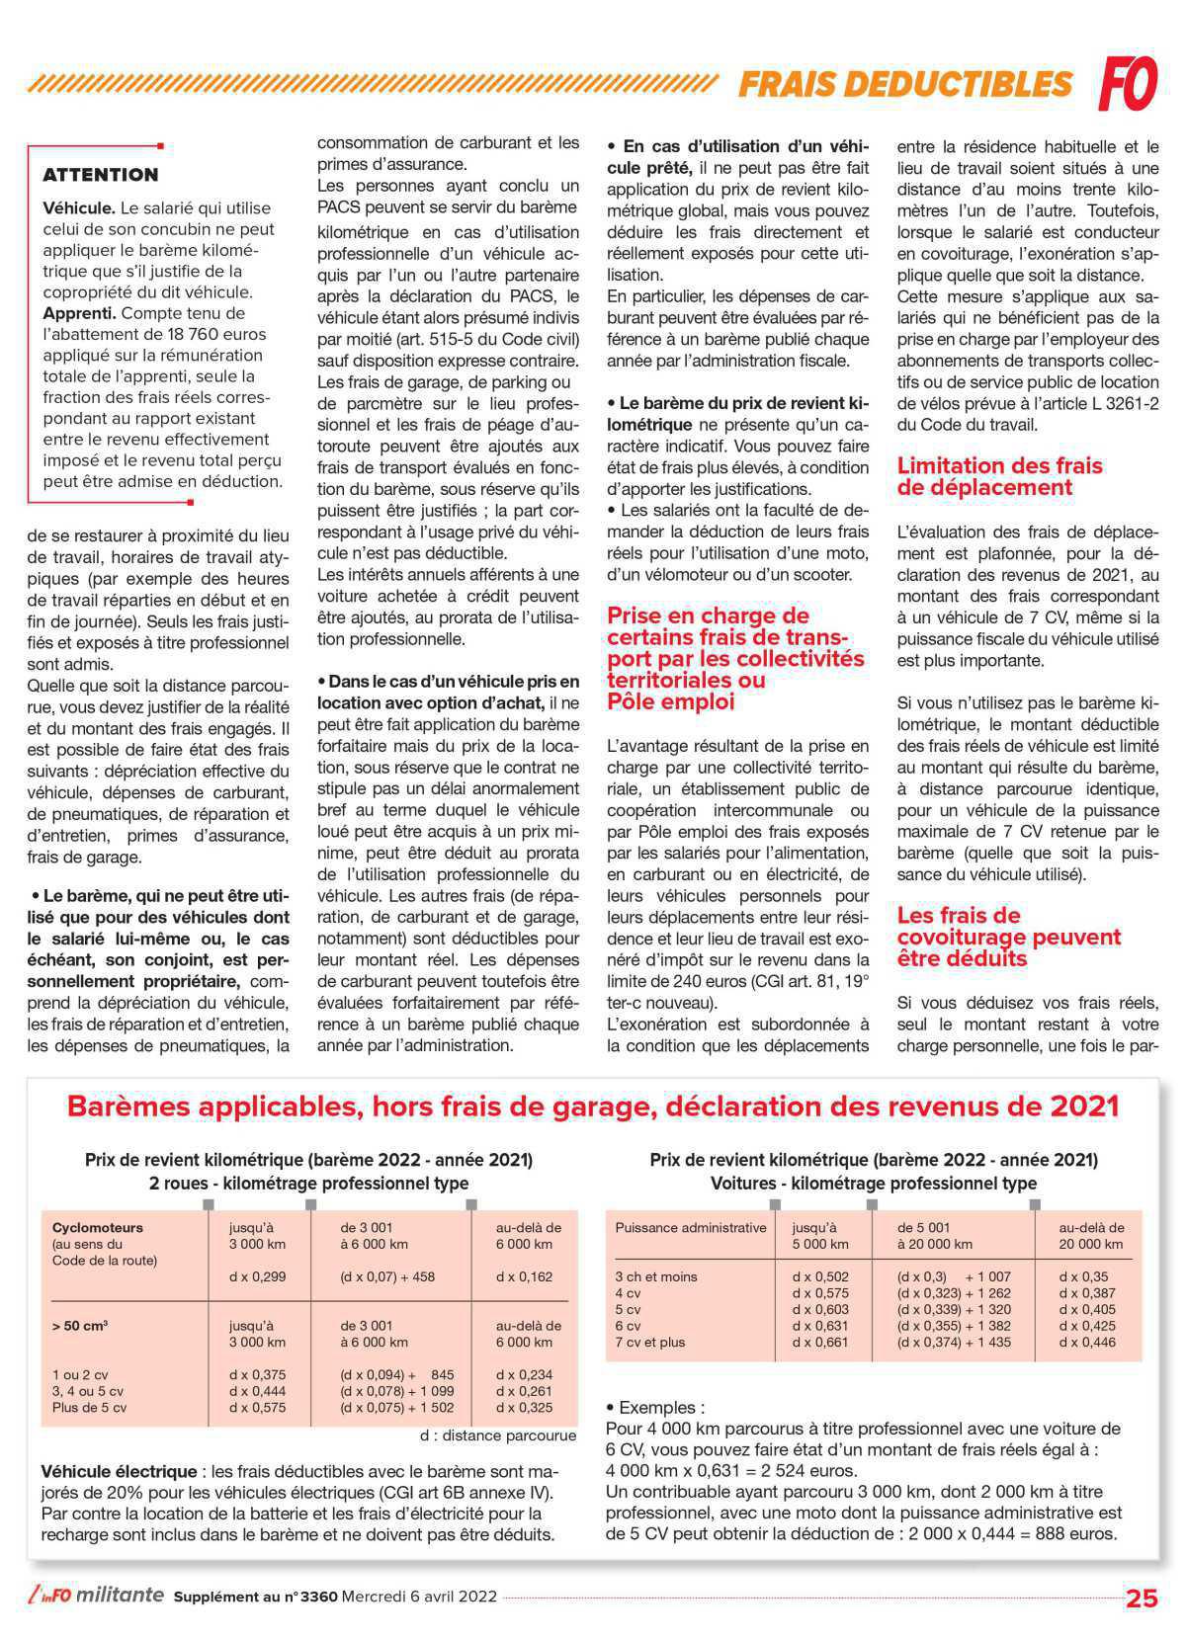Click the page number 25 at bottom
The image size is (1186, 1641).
[1142, 1599]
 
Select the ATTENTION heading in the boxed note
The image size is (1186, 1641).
[101, 175]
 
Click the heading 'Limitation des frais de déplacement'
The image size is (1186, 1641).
[999, 476]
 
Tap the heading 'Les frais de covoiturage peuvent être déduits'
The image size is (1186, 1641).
[1008, 937]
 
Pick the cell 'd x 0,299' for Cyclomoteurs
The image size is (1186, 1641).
[257, 1276]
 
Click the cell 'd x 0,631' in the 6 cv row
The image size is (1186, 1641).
[820, 1326]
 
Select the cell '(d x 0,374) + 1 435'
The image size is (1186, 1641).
[954, 1342]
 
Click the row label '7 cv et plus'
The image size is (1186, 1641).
[649, 1342]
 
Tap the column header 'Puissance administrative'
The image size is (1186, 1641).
[690, 1228]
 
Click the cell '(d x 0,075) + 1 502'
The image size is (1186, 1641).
[396, 1407]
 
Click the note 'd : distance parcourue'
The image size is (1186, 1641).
[497, 1436]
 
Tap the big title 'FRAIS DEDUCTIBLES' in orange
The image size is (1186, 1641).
[904, 84]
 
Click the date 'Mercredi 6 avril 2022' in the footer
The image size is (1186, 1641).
[419, 1597]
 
